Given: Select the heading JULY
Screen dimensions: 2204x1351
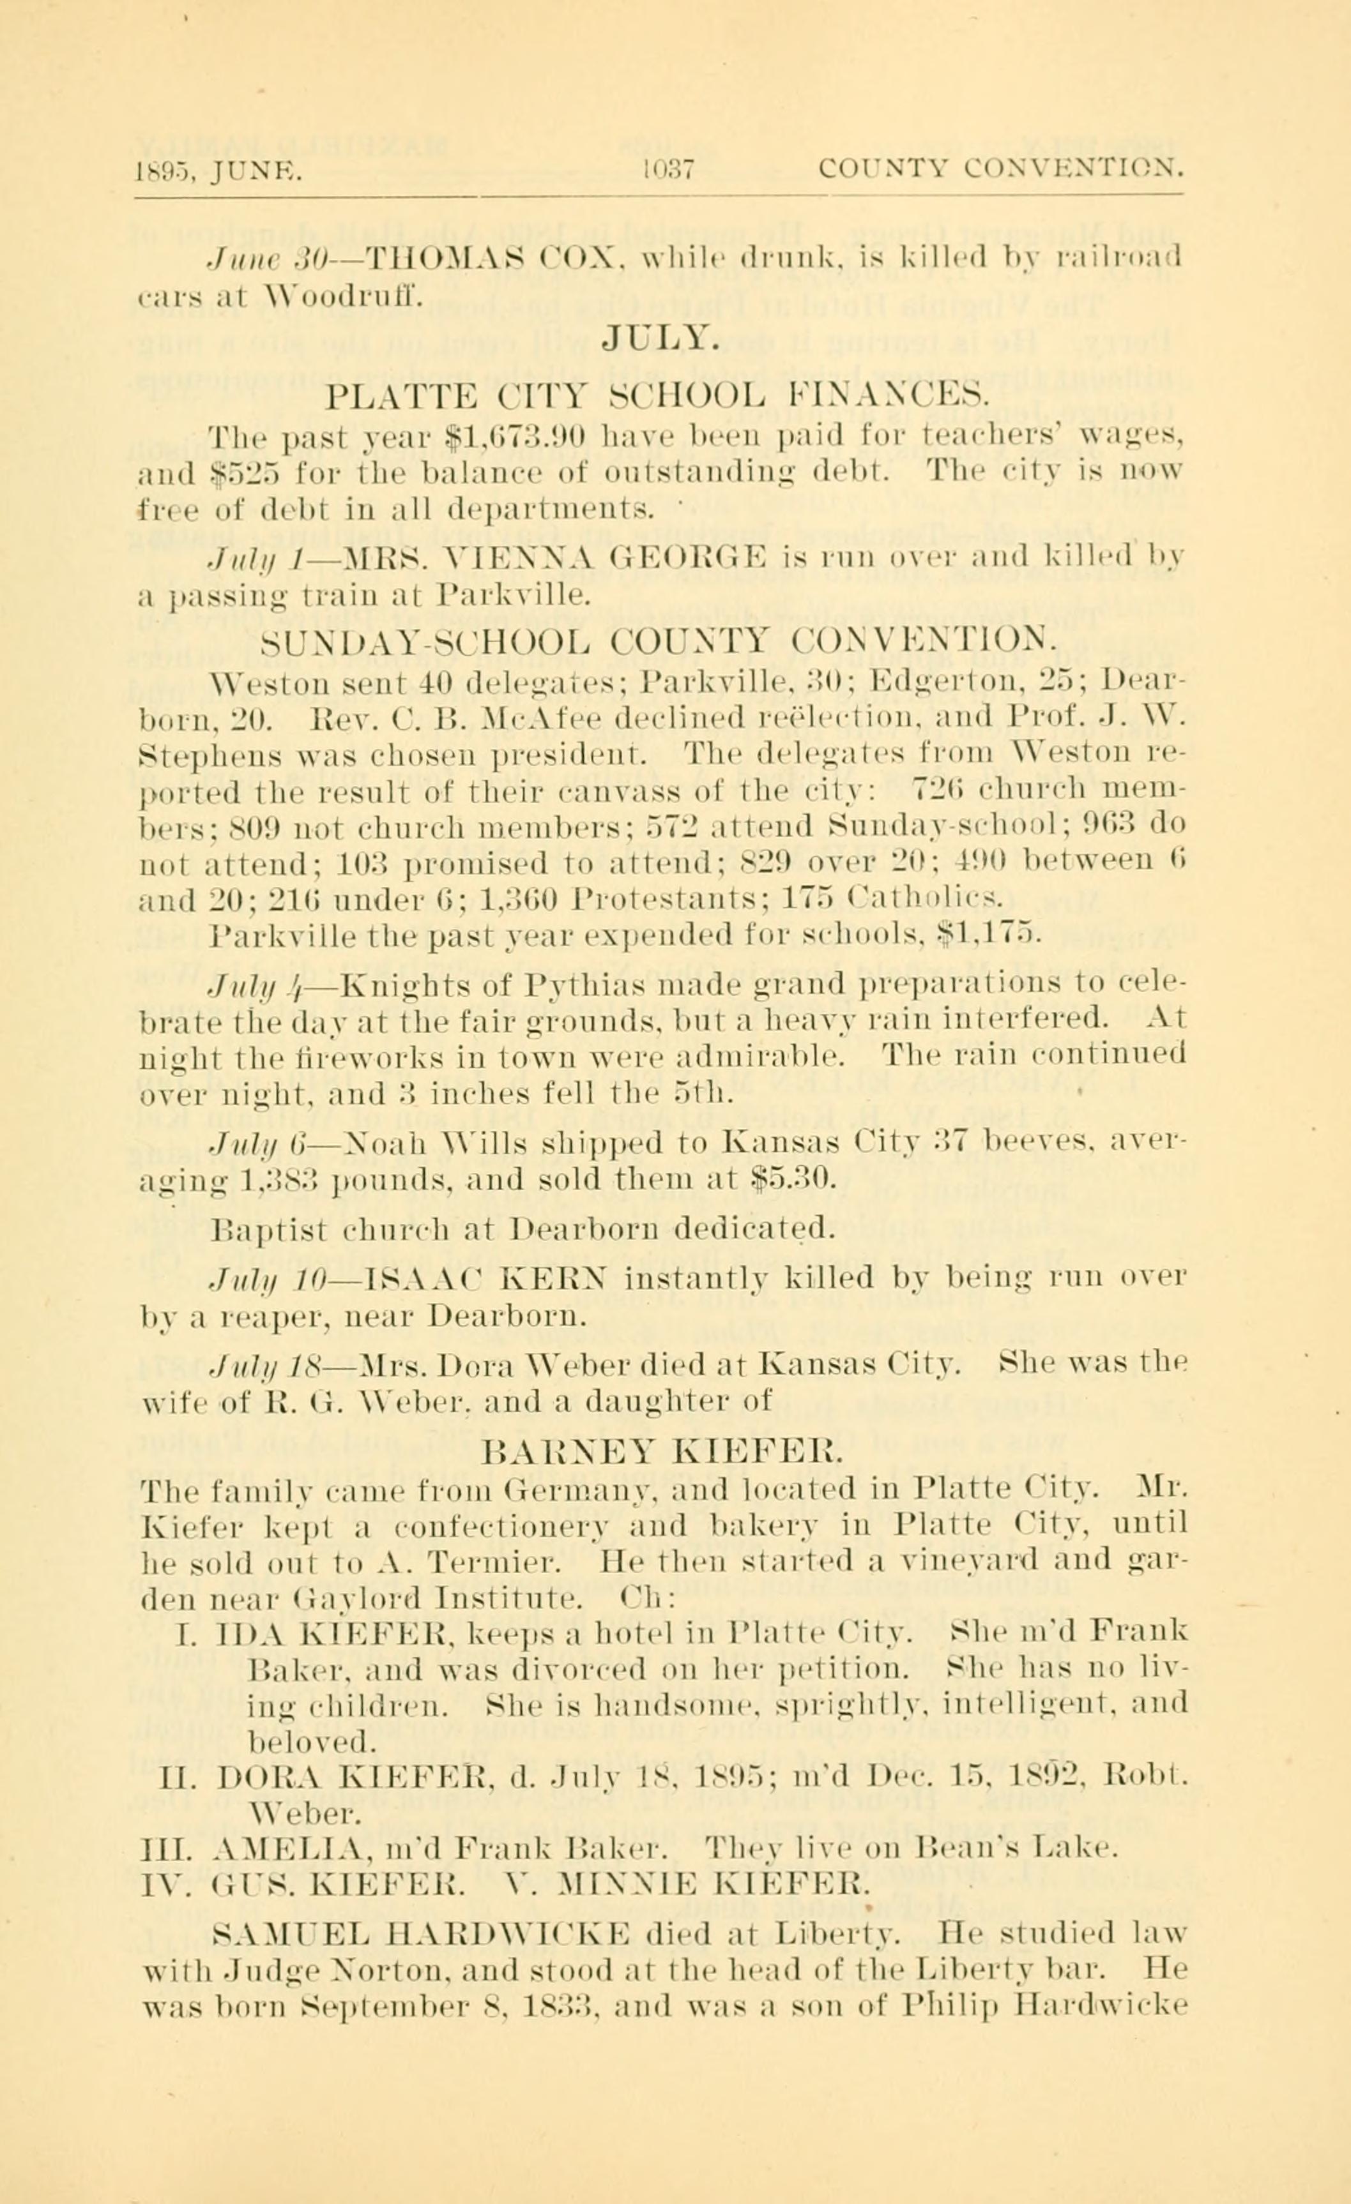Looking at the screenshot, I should coord(660,340).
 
